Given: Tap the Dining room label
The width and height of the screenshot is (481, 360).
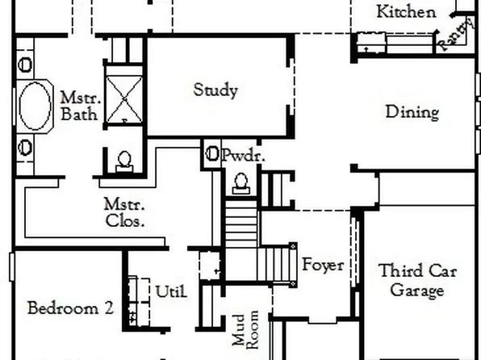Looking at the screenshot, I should [x=412, y=111].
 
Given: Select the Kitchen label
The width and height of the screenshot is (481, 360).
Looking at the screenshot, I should [x=407, y=11].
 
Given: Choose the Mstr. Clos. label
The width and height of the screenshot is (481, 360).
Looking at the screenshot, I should [x=124, y=212].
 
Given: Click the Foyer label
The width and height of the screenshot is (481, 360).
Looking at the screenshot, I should [x=323, y=264].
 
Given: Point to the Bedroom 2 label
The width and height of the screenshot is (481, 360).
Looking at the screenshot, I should [x=69, y=308].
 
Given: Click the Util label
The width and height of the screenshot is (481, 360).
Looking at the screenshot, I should [x=171, y=291].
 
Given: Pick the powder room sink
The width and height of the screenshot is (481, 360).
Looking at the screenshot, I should [x=212, y=153].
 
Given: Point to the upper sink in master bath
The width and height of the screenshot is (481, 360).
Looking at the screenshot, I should [x=24, y=65].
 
